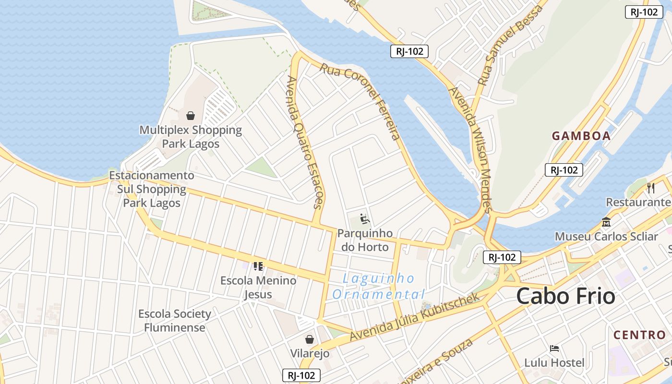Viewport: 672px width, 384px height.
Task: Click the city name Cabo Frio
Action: [565, 296]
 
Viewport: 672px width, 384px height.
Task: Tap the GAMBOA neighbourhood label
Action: [581, 136]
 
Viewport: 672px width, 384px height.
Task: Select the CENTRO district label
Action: [639, 335]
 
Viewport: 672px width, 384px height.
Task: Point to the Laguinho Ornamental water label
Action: [379, 286]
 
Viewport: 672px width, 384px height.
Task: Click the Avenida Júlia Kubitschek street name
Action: [415, 317]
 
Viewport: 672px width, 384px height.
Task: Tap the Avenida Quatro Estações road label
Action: [305, 142]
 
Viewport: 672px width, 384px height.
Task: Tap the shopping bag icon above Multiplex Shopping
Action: [191, 116]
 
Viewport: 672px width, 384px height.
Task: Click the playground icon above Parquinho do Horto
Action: [365, 219]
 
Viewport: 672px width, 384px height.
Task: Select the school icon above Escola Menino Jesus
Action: [258, 266]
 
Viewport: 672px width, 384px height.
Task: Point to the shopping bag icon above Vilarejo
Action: [310, 339]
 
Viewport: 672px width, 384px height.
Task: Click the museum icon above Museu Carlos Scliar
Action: [606, 222]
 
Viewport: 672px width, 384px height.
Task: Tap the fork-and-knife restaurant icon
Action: [651, 188]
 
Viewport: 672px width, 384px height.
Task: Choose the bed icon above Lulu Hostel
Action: [554, 348]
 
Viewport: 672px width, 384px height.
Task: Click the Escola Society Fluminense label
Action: [175, 321]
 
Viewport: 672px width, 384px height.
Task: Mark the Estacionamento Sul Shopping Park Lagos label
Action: [152, 189]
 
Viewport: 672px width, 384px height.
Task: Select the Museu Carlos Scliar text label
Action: [606, 237]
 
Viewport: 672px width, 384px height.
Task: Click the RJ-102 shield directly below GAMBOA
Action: [564, 169]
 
